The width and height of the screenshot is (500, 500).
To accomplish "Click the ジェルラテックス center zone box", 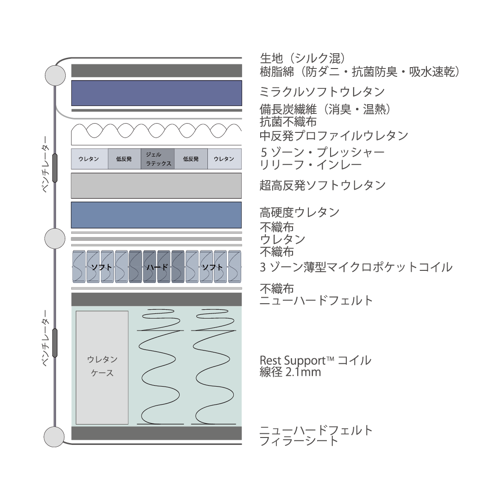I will [158, 159].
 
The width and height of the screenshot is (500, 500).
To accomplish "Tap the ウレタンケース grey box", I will [102, 367].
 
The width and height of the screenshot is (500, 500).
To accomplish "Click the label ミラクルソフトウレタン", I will [322, 92].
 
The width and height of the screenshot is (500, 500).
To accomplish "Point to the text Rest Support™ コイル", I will [315, 360].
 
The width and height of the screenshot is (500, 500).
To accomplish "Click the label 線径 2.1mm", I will [290, 372].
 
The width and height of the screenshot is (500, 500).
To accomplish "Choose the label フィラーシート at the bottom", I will [299, 441].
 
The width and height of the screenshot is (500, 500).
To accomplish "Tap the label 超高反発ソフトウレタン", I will [322, 185].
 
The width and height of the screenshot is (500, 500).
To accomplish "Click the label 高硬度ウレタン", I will [300, 212].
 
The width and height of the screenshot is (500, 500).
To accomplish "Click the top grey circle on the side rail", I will [55, 75].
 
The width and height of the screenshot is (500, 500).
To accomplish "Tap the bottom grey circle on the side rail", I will [54, 437].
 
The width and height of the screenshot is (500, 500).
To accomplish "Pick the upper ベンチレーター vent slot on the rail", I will [55, 168].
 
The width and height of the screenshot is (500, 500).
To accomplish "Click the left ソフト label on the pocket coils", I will [100, 267].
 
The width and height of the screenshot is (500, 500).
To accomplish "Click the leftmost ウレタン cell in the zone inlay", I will [89, 159].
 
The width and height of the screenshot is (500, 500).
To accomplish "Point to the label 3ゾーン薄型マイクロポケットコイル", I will [356, 267].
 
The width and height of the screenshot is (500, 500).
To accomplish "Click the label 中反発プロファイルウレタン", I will [333, 136].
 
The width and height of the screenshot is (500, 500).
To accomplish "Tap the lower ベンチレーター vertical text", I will [45, 338].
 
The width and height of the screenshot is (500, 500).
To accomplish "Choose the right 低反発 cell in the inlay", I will [191, 159].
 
